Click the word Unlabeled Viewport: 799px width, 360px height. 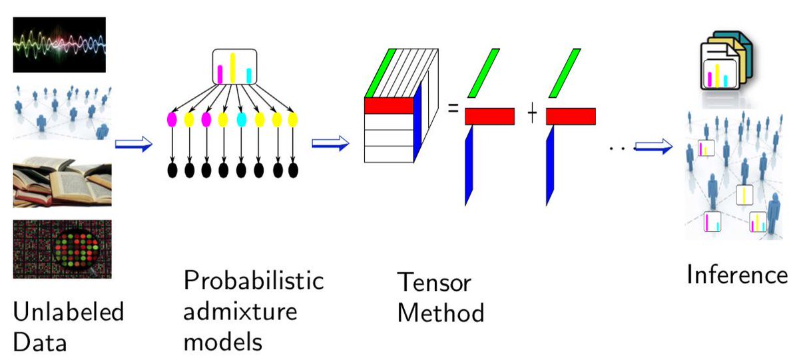(x=69, y=312)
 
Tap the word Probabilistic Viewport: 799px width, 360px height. (x=254, y=279)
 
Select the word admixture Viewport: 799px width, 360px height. (x=240, y=311)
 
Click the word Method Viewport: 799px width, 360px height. (x=440, y=313)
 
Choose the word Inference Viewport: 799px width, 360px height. (x=737, y=274)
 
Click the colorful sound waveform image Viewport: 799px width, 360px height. (x=59, y=45)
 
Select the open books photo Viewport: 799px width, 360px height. (x=62, y=180)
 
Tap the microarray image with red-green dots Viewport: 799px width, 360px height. (x=62, y=249)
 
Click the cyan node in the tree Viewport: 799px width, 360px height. (x=242, y=120)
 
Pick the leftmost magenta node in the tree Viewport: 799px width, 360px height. (x=172, y=120)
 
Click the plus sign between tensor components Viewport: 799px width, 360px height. (x=532, y=115)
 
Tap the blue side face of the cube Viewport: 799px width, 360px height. (x=417, y=126)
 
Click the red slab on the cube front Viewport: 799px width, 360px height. (x=388, y=105)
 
